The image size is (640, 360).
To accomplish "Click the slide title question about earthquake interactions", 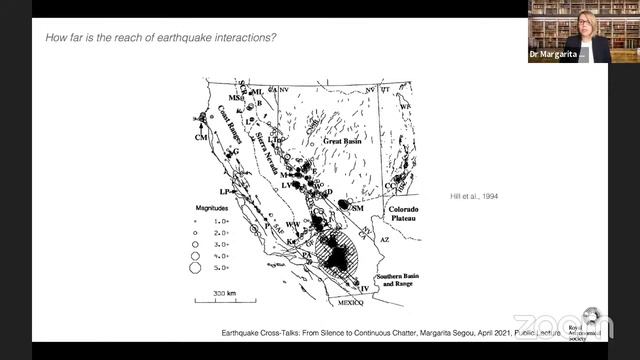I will [x=161, y=38].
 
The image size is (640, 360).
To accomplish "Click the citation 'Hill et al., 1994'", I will [x=473, y=195].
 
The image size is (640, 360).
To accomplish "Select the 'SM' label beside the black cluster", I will [x=355, y=207].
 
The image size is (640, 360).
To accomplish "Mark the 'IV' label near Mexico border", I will [x=364, y=288].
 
